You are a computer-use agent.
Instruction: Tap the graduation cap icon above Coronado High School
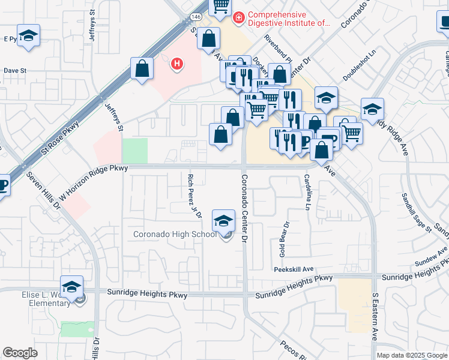point(224,220)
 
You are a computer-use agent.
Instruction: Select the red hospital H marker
point(177,63)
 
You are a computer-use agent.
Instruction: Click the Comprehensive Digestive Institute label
point(289,19)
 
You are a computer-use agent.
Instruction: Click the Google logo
point(20,353)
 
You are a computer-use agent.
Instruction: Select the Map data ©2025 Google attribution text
point(412,355)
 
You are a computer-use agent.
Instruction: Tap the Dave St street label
point(15,70)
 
